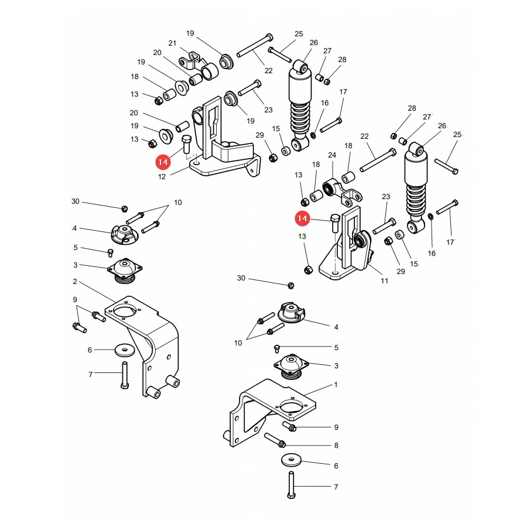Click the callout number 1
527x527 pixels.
pyautogui.click(x=336, y=385)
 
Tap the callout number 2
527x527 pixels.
pyautogui.click(x=75, y=281)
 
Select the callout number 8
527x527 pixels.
pyautogui.click(x=336, y=446)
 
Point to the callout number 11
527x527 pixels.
pyautogui.click(x=385, y=280)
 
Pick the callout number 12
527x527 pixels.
pyautogui.click(x=162, y=176)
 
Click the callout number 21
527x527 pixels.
pyautogui.click(x=172, y=43)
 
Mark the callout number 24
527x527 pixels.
pyautogui.click(x=332, y=155)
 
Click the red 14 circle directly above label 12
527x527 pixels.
pyautogui.click(x=163, y=162)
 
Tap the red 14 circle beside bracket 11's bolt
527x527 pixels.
pyautogui.click(x=302, y=218)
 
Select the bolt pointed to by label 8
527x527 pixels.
pyautogui.click(x=275, y=440)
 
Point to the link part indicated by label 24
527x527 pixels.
pyautogui.click(x=343, y=192)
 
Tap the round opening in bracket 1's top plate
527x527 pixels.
pyautogui.click(x=292, y=407)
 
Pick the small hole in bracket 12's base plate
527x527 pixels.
pyautogui.click(x=197, y=163)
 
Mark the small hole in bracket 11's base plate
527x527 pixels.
pyautogui.click(x=335, y=272)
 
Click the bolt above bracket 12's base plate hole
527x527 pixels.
pyautogui.click(x=187, y=143)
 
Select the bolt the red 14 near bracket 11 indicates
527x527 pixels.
pyautogui.click(x=336, y=223)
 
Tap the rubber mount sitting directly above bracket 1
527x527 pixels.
pyautogui.click(x=291, y=367)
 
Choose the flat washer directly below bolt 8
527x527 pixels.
pyautogui.click(x=292, y=460)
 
